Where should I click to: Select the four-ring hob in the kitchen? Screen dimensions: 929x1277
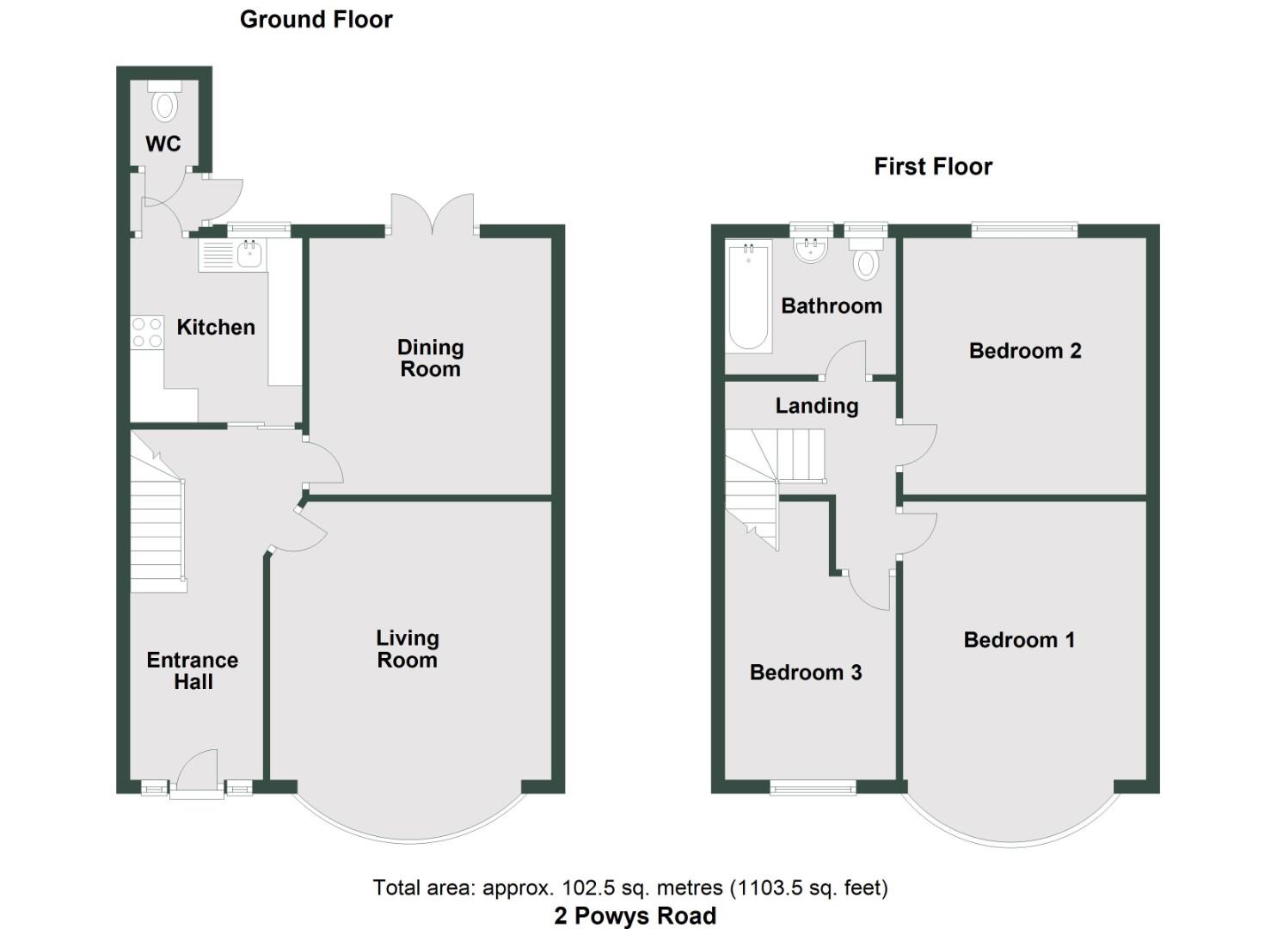point(146,333)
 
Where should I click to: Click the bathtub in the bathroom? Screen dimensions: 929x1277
point(748,298)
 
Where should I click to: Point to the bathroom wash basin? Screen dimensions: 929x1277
point(811,250)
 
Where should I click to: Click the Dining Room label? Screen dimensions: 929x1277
point(430,358)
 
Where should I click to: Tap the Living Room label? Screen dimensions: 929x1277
point(408,649)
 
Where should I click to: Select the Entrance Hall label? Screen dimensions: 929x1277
point(193,671)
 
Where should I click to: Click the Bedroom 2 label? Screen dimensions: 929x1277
point(1024,351)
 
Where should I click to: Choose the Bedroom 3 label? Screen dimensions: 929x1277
point(806,673)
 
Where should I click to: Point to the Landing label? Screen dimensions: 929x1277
point(817,406)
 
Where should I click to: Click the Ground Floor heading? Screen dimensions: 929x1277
point(316,20)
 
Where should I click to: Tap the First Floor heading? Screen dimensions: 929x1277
point(933,167)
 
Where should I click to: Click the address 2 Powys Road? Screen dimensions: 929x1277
point(635,916)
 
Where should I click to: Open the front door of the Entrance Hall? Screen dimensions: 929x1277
point(197,774)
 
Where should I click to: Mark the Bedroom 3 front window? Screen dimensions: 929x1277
point(813,786)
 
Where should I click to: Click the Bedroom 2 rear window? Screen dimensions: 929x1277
point(1023,229)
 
